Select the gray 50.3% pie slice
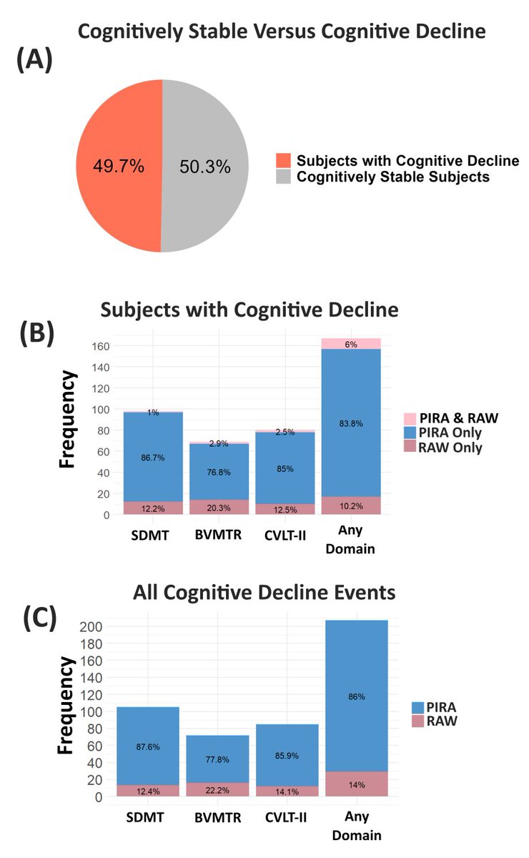[x=205, y=166]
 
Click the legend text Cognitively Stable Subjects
[x=393, y=177]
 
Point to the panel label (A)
[x=34, y=63]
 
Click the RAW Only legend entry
[x=451, y=448]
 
